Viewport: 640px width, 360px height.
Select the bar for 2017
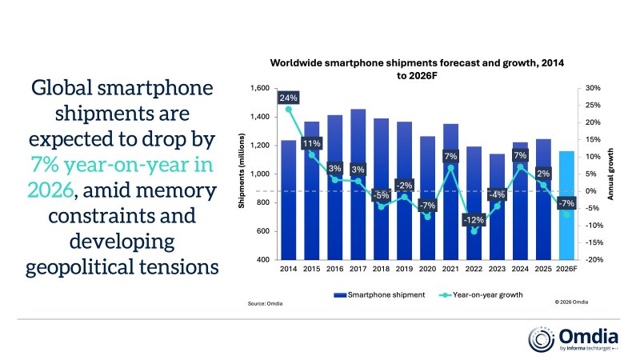click(358, 192)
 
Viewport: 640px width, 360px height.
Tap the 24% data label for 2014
click(289, 98)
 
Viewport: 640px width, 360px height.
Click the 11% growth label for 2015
click(312, 143)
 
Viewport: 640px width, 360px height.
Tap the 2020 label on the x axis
click(428, 268)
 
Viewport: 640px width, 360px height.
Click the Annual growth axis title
click(610, 174)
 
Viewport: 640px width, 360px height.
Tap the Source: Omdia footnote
click(265, 304)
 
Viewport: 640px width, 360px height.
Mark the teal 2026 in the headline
click(49, 191)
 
